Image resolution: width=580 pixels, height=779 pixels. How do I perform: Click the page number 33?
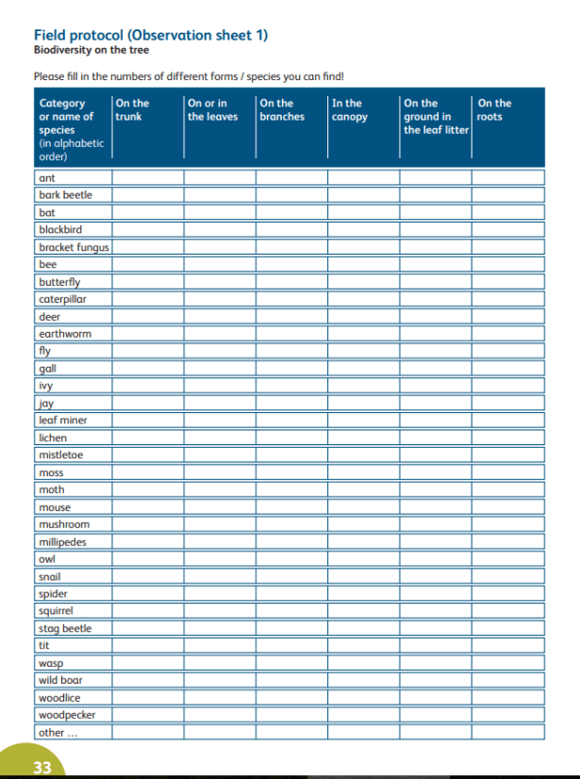pyautogui.click(x=42, y=767)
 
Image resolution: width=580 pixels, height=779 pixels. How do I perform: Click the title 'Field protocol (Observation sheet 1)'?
pyautogui.click(x=151, y=35)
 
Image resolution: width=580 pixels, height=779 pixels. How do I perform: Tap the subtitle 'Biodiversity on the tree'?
pyautogui.click(x=91, y=50)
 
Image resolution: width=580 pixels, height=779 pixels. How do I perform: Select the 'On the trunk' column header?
pyautogui.click(x=132, y=109)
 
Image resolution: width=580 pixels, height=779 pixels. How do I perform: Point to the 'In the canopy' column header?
pyautogui.click(x=349, y=109)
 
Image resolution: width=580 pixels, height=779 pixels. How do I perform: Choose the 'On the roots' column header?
pyautogui.click(x=494, y=109)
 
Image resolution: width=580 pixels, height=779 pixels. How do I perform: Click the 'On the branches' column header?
pyautogui.click(x=281, y=109)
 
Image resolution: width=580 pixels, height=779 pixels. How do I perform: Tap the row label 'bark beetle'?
pyautogui.click(x=65, y=194)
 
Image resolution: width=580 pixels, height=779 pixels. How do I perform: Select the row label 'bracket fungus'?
pyautogui.click(x=74, y=247)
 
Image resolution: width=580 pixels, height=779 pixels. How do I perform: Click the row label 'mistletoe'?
pyautogui.click(x=61, y=455)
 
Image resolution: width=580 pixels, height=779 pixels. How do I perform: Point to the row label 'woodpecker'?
pyautogui.click(x=66, y=715)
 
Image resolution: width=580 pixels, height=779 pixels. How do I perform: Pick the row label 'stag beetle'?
pyautogui.click(x=65, y=628)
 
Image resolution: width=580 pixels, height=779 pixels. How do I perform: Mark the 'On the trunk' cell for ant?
pyautogui.click(x=147, y=177)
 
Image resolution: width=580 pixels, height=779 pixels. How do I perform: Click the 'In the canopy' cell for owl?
pyautogui.click(x=363, y=558)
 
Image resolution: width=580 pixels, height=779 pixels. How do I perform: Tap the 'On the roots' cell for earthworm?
pyautogui.click(x=508, y=334)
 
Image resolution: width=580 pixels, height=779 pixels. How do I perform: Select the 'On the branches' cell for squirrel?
pyautogui.click(x=291, y=610)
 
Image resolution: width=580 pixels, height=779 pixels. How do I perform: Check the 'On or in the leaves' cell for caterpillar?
pyautogui.click(x=219, y=299)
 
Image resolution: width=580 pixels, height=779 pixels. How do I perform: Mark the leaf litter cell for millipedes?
pyautogui.click(x=436, y=541)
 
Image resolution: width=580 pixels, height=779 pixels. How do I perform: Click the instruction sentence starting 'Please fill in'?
pyautogui.click(x=189, y=76)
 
